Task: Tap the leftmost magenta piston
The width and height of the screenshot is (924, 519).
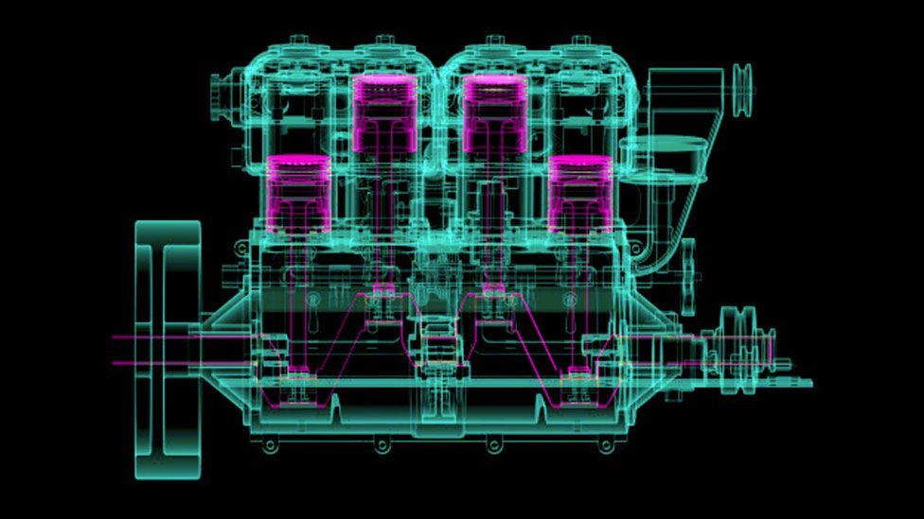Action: pyautogui.click(x=298, y=193)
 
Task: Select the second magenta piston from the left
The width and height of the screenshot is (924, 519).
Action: pyautogui.click(x=384, y=112)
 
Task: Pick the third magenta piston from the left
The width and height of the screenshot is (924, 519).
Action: pyautogui.click(x=495, y=112)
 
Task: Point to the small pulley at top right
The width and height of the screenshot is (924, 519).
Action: pyautogui.click(x=742, y=90)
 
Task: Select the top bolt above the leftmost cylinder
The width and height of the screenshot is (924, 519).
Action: pyautogui.click(x=298, y=40)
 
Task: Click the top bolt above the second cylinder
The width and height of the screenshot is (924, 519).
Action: pyautogui.click(x=384, y=40)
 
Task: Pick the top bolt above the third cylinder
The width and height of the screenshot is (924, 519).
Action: pyautogui.click(x=495, y=40)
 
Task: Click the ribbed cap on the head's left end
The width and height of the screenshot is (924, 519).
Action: pyautogui.click(x=220, y=92)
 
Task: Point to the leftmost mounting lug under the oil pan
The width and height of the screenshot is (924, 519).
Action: pyautogui.click(x=271, y=444)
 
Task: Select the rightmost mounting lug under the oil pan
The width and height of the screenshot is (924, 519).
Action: pyautogui.click(x=606, y=444)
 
